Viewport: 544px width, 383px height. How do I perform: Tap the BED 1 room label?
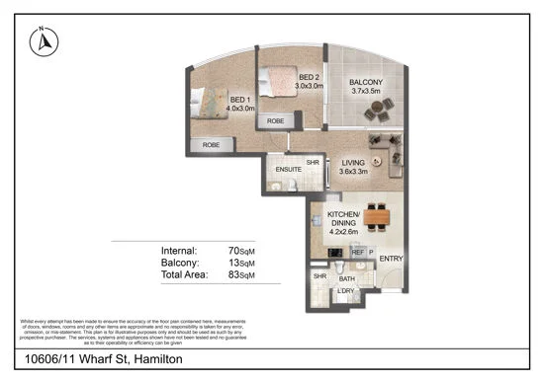click(x=241, y=105)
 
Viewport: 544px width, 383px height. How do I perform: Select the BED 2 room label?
click(x=308, y=81)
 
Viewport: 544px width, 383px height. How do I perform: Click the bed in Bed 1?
click(x=208, y=101)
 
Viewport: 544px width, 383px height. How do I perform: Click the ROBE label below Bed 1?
click(x=211, y=145)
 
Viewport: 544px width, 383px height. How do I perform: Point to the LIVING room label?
click(x=354, y=164)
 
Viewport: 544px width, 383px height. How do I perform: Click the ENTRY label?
click(x=392, y=260)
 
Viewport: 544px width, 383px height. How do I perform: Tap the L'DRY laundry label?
click(x=346, y=290)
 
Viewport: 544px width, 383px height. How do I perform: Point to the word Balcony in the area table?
click(x=179, y=264)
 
